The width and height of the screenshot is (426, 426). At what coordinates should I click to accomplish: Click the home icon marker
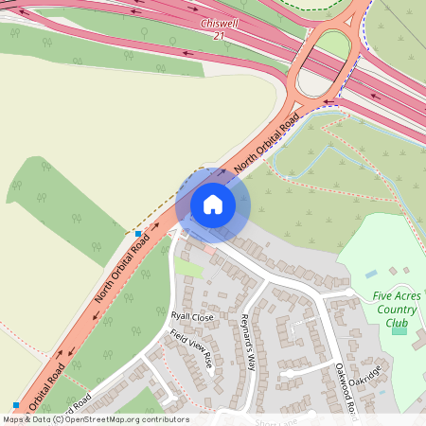[213, 204]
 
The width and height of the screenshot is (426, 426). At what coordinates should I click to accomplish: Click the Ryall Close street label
[192, 316]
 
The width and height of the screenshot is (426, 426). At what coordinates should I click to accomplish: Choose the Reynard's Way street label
[249, 340]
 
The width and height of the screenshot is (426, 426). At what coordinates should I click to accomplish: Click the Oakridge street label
[364, 381]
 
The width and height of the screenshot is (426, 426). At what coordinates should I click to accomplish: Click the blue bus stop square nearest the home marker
[138, 233]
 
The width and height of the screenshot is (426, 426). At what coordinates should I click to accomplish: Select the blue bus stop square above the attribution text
[16, 405]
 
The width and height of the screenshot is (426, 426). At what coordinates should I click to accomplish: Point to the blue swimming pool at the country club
[371, 274]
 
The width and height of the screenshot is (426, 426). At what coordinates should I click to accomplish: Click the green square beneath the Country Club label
[399, 328]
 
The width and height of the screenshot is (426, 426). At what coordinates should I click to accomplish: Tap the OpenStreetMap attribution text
[95, 419]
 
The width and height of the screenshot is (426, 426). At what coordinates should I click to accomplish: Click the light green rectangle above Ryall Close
[188, 269]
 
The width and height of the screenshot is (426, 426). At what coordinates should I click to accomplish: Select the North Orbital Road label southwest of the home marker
[122, 271]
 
